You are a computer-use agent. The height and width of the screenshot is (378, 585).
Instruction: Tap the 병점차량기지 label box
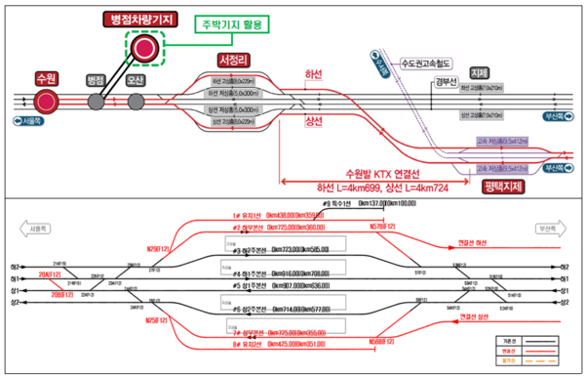(142, 20)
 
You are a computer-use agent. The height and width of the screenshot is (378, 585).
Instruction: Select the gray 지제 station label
(478, 73)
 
